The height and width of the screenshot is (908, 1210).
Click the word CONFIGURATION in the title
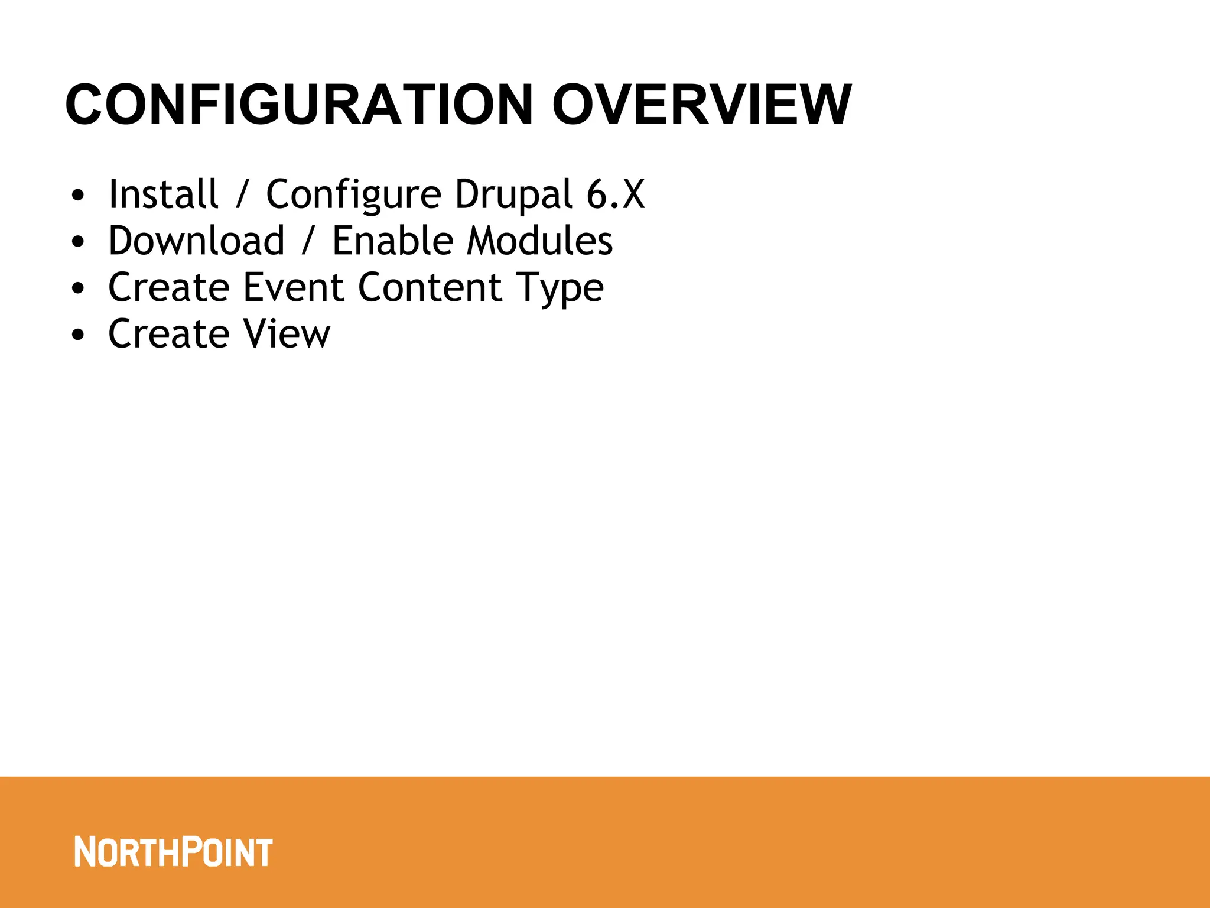pyautogui.click(x=299, y=105)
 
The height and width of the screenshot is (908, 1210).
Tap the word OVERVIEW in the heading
pyautogui.click(x=701, y=105)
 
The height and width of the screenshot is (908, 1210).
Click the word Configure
pyautogui.click(x=353, y=195)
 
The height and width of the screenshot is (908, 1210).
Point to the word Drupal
pyautogui.click(x=513, y=195)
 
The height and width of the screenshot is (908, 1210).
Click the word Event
pyautogui.click(x=293, y=287)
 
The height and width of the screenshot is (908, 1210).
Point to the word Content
pyautogui.click(x=430, y=287)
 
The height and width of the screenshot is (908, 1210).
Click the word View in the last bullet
pyautogui.click(x=287, y=334)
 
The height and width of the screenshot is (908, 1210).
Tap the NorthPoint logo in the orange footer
pyautogui.click(x=173, y=852)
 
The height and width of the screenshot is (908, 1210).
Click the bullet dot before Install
pyautogui.click(x=78, y=196)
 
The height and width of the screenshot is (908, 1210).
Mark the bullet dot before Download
pyautogui.click(x=78, y=242)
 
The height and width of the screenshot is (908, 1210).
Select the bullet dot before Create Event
pyautogui.click(x=78, y=289)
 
